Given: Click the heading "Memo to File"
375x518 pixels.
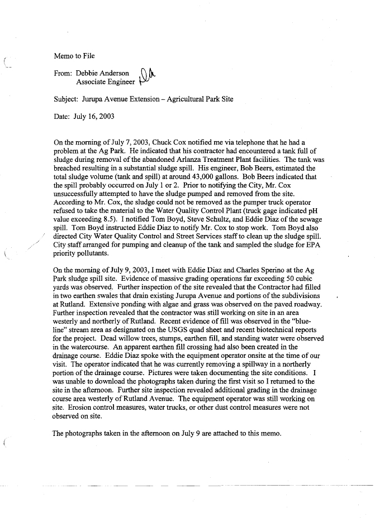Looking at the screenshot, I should coord(74,56).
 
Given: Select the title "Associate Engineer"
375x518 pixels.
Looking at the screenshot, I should coord(106,82).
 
